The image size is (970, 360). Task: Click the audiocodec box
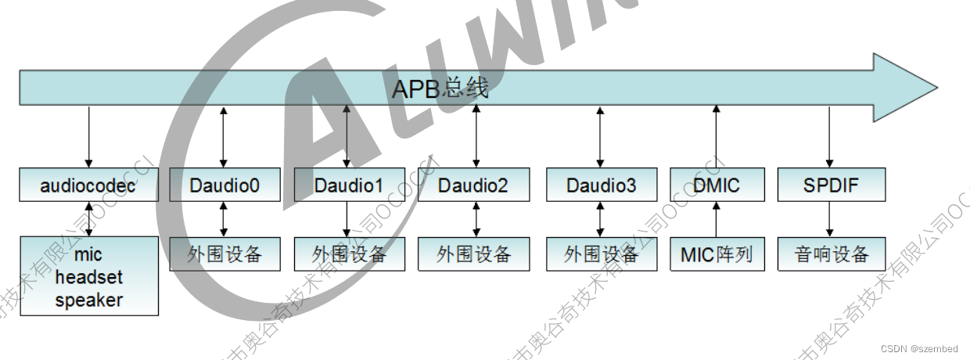[88, 185]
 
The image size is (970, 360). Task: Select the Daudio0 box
[225, 185]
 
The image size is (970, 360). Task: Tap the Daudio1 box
[349, 185]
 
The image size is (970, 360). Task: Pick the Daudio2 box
[472, 185]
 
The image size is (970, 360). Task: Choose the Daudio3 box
[601, 185]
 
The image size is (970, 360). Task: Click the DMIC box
[716, 185]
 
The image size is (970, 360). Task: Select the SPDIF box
[831, 185]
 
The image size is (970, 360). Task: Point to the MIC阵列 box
[716, 254]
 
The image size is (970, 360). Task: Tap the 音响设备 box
[831, 254]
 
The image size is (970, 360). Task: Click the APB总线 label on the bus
[440, 88]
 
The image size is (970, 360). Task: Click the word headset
[88, 278]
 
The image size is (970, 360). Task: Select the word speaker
[88, 300]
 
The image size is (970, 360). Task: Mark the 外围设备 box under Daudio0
[225, 254]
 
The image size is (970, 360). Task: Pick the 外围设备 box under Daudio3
[601, 254]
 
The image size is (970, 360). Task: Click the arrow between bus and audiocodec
[88, 137]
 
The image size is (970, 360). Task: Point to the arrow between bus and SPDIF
[829, 137]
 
